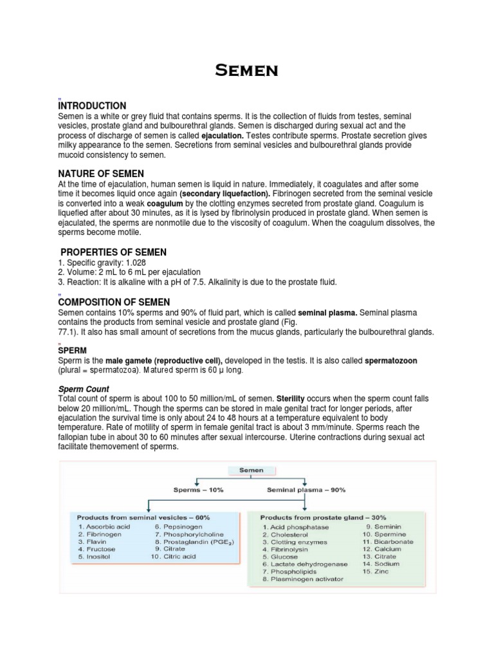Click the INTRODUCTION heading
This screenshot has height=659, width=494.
[92, 106]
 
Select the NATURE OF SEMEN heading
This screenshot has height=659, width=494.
[101, 174]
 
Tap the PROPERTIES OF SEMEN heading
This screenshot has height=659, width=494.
[113, 252]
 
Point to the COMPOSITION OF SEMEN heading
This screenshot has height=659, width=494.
[114, 302]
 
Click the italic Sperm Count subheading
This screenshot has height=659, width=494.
[84, 389]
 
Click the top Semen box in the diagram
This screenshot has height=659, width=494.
[251, 470]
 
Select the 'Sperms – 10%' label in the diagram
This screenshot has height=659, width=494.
[199, 490]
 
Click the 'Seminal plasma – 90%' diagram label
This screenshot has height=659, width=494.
[306, 490]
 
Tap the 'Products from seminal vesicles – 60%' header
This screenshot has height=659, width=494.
[143, 517]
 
